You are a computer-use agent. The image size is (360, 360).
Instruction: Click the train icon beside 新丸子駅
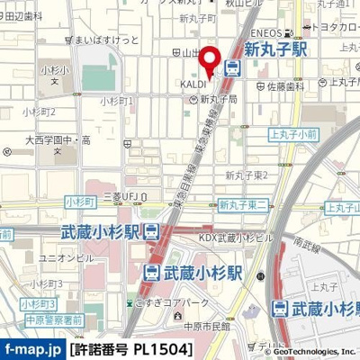tap(233, 66)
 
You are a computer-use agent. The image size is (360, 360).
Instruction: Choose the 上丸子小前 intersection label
tap(293, 133)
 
